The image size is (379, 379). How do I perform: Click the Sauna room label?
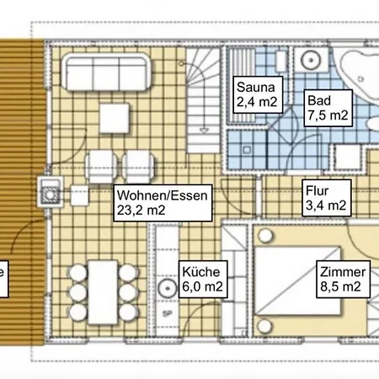click(x=258, y=94)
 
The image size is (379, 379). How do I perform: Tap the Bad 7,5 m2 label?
click(x=328, y=109)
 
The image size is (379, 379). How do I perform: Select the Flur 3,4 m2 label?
click(x=327, y=198)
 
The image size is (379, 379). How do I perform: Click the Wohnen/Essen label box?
click(x=163, y=203)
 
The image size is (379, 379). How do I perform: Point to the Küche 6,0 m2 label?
click(x=203, y=280)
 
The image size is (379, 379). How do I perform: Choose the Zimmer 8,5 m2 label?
click(x=343, y=280)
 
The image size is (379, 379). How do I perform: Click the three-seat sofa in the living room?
click(x=106, y=72)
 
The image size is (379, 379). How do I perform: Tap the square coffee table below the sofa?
click(x=115, y=118)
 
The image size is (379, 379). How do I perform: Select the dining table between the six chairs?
click(x=103, y=292)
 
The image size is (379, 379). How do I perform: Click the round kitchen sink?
click(x=168, y=288)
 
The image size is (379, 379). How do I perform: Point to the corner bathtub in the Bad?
click(x=360, y=73)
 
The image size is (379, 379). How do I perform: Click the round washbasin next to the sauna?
click(x=311, y=60)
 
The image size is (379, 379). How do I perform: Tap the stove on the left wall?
click(x=50, y=192)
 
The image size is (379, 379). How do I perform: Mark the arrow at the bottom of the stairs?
click(x=204, y=130)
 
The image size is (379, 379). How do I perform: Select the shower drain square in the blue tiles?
click(x=247, y=150)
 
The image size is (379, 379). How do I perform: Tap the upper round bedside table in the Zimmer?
click(x=265, y=236)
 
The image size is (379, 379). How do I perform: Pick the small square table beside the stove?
click(x=79, y=195)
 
